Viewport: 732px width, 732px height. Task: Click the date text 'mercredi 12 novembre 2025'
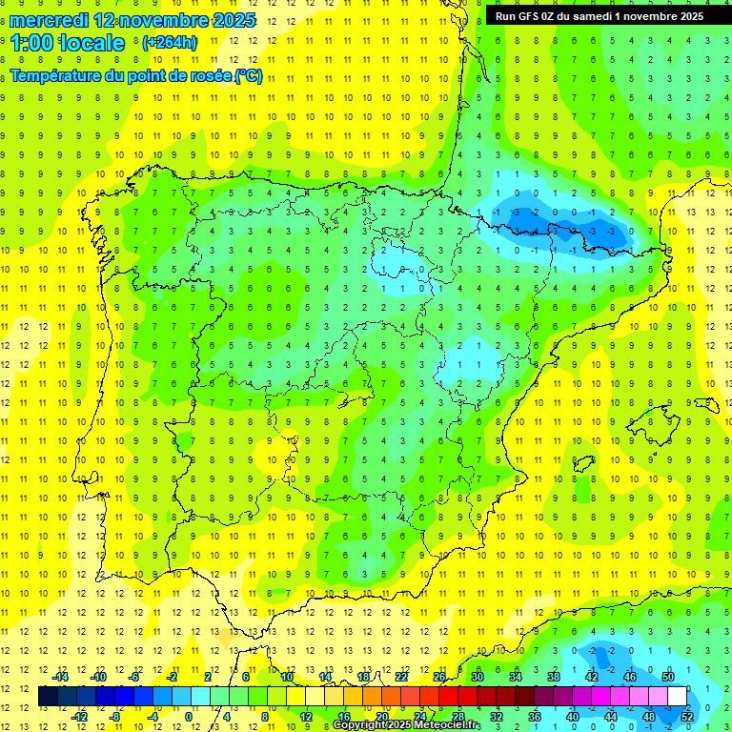[x=132, y=20]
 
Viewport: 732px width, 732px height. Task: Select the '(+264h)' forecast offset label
[x=170, y=43]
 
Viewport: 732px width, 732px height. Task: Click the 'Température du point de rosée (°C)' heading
[x=136, y=76]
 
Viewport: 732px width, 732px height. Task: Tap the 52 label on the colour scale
[x=688, y=716]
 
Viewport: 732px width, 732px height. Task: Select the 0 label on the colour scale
[x=190, y=716]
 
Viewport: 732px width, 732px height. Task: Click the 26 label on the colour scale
[x=439, y=677]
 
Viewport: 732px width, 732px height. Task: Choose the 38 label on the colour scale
[x=554, y=677]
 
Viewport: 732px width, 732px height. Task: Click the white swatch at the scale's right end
[x=678, y=697]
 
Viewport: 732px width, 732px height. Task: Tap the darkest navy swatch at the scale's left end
[x=48, y=697]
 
